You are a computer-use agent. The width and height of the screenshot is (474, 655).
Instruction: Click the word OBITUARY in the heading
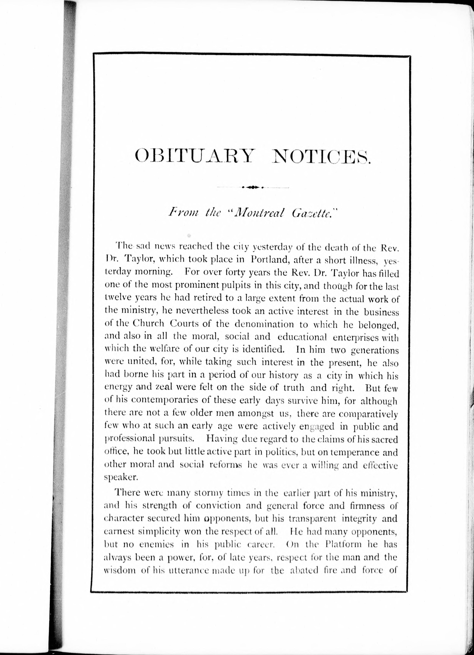click(x=195, y=157)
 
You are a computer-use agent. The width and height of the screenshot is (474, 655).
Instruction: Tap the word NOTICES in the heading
click(x=321, y=157)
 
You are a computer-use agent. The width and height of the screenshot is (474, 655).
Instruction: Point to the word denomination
click(x=264, y=324)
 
